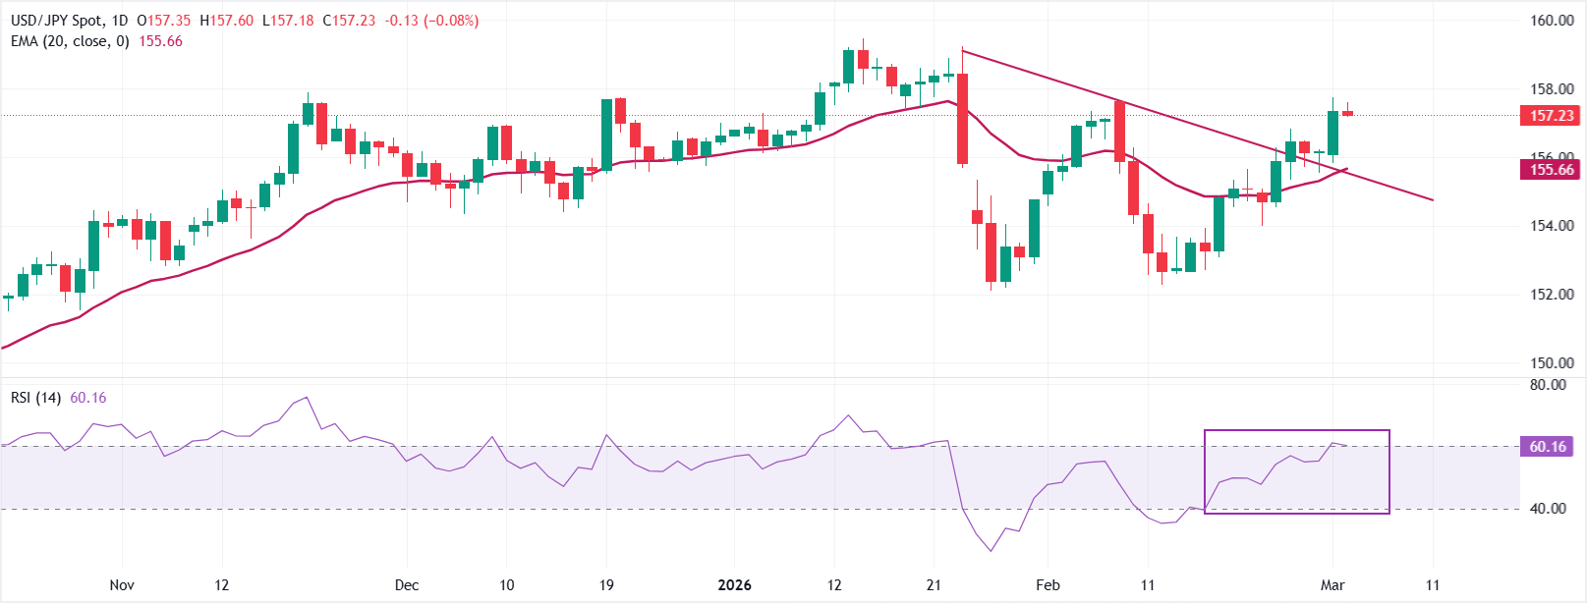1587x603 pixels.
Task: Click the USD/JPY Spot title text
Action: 57,21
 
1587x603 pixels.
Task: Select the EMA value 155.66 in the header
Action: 161,41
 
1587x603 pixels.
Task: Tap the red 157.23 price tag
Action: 1552,116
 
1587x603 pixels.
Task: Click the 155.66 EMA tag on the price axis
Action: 1552,170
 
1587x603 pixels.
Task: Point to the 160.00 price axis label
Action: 1552,21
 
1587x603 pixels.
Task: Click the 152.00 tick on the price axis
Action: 1552,295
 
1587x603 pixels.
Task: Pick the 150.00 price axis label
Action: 1552,363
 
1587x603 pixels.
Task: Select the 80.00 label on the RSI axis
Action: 1548,385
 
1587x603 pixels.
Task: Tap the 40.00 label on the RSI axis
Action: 1548,509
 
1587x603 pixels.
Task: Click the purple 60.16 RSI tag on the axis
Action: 1548,447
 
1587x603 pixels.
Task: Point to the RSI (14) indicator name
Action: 36,398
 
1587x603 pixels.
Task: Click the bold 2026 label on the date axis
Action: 734,585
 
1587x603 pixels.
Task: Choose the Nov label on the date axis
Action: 122,585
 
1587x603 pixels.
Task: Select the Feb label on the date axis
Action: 1048,585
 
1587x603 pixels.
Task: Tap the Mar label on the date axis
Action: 1332,585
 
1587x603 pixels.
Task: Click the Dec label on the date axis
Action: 406,585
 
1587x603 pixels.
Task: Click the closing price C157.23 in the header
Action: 349,21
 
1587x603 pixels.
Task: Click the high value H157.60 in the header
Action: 226,21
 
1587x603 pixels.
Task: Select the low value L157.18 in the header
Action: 288,21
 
